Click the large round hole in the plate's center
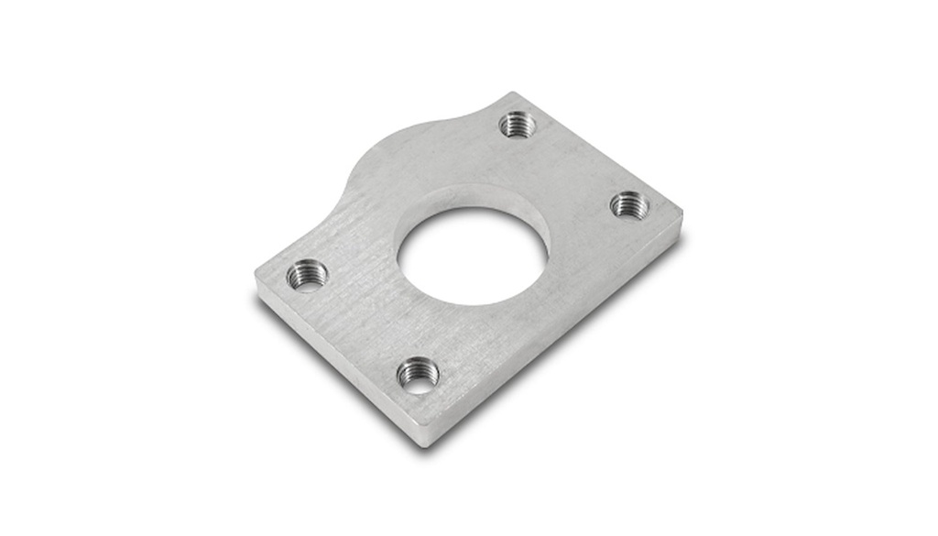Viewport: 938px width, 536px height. tap(469, 258)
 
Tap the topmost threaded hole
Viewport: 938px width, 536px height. tap(518, 124)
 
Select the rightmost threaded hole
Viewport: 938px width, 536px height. tap(629, 205)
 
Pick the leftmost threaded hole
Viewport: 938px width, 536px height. tap(306, 273)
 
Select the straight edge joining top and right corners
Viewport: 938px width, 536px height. tap(600, 154)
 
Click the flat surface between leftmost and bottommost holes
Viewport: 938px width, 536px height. tap(362, 325)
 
